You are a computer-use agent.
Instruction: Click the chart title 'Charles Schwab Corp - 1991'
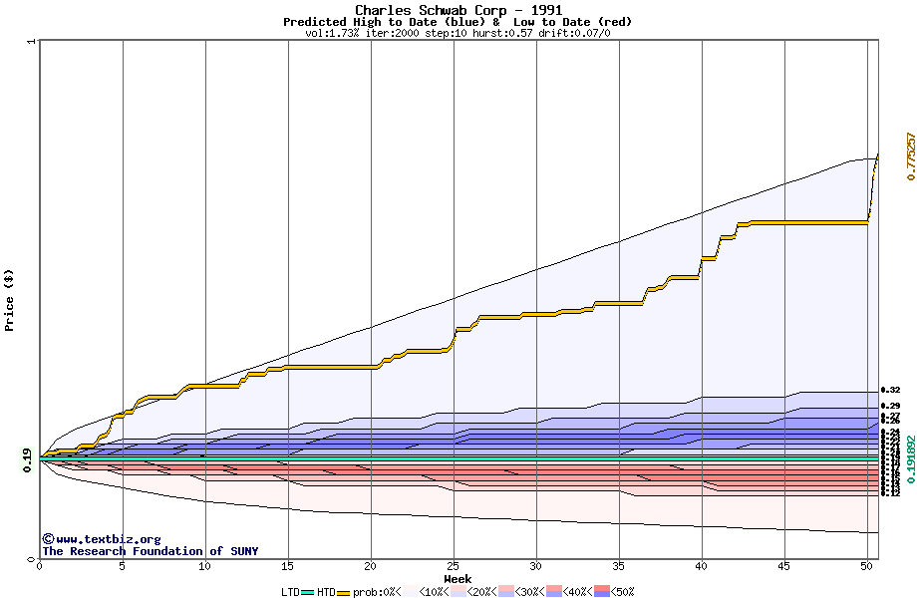[x=458, y=10]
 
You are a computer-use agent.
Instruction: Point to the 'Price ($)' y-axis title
[x=9, y=299]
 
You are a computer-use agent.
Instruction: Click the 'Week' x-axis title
[x=458, y=578]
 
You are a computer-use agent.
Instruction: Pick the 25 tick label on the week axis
[x=454, y=566]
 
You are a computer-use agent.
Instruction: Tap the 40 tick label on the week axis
[x=702, y=566]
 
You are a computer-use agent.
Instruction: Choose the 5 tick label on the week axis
[x=122, y=566]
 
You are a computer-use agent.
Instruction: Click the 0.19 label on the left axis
[x=26, y=458]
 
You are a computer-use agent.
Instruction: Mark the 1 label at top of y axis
[x=32, y=42]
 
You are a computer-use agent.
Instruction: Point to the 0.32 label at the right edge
[x=890, y=390]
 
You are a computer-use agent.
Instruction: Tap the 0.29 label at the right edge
[x=890, y=406]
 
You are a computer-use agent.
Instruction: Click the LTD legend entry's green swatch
[x=308, y=592]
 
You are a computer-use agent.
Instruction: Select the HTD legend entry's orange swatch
[x=344, y=592]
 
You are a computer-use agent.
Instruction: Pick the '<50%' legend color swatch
[x=603, y=592]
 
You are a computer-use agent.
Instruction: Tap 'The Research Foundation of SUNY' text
[x=150, y=551]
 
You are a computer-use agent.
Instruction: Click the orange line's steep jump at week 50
[x=873, y=189]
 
